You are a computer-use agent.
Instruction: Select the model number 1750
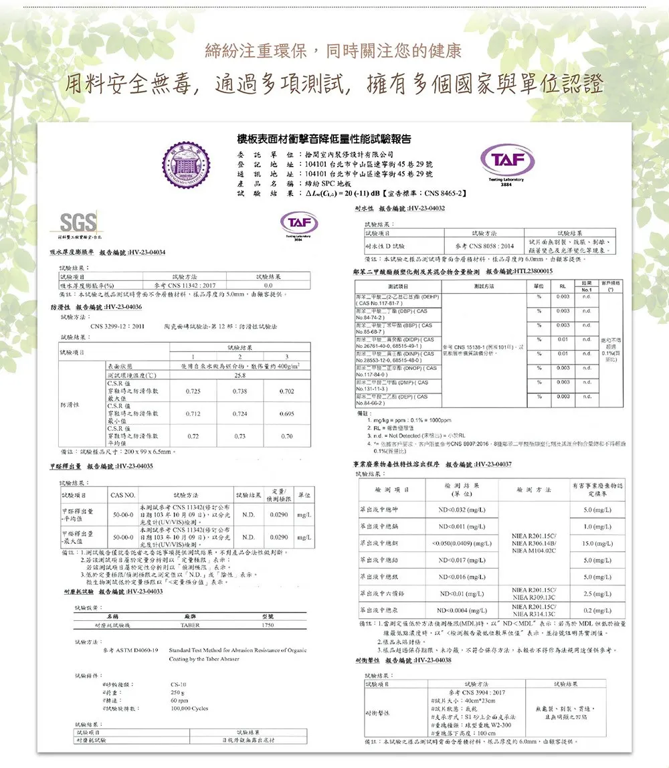[x=267, y=624]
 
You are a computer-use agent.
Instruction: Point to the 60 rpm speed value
[x=179, y=699]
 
